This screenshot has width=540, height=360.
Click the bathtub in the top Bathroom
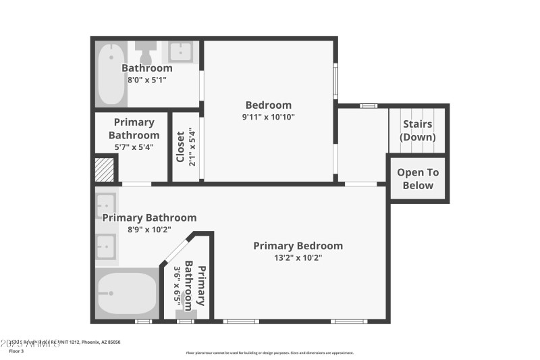click(111, 74)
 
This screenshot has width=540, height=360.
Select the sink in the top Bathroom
click(180, 51)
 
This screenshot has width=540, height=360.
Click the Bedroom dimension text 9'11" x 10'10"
click(269, 117)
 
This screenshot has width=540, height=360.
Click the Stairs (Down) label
click(417, 130)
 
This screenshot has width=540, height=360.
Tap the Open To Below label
click(418, 179)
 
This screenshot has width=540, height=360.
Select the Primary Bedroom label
click(298, 246)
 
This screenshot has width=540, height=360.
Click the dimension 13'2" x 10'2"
click(298, 257)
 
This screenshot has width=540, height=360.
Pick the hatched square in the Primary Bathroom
click(105, 169)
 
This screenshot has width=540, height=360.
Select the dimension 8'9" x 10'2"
click(149, 229)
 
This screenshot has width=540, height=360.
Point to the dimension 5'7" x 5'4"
click(134, 147)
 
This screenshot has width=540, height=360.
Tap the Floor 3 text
click(16, 351)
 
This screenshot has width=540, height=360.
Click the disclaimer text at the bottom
click(269, 353)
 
